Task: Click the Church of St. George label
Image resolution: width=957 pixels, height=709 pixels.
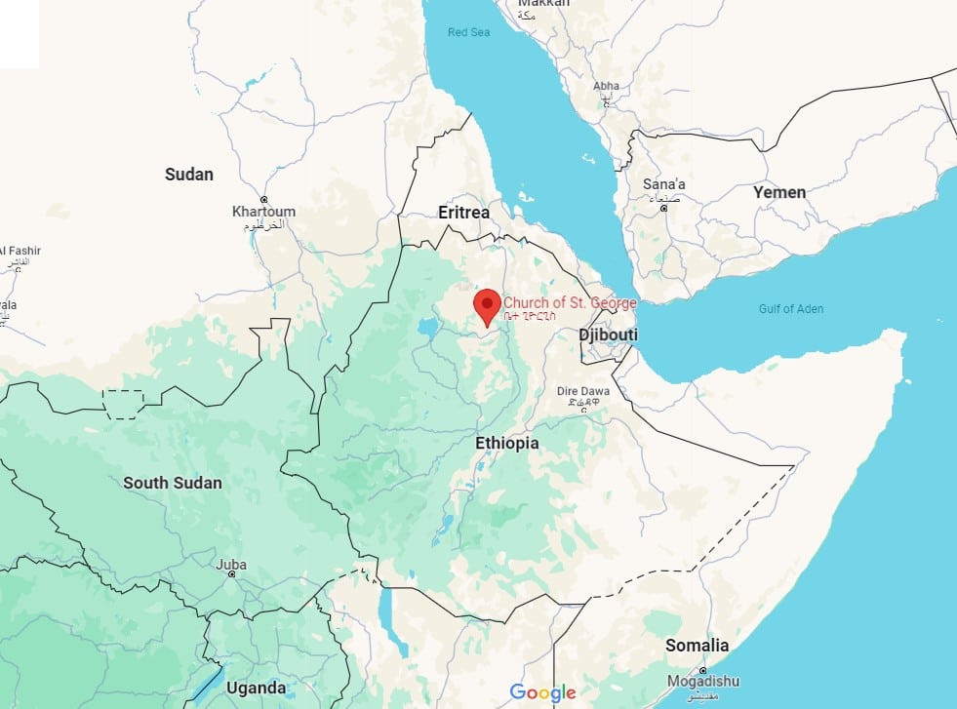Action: (x=569, y=303)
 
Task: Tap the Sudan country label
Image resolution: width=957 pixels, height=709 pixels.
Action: (x=188, y=175)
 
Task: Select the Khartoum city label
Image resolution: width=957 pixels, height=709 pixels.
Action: (x=263, y=212)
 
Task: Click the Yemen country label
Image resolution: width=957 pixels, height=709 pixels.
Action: (x=778, y=192)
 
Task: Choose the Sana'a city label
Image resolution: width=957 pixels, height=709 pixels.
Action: (x=663, y=184)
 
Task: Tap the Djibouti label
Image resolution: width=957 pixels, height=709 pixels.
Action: (x=608, y=335)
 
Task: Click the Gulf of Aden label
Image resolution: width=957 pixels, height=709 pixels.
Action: (x=790, y=309)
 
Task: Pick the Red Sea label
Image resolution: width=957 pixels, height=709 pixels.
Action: (x=468, y=32)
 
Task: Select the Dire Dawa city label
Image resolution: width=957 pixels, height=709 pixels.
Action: (x=582, y=391)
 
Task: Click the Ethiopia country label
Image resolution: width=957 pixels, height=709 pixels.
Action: (x=506, y=443)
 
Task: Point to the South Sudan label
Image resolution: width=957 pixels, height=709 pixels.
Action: (x=172, y=483)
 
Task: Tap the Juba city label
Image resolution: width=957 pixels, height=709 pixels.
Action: (x=231, y=565)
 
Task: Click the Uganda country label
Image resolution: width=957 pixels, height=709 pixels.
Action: (x=256, y=688)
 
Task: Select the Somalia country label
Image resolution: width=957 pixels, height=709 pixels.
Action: (x=697, y=646)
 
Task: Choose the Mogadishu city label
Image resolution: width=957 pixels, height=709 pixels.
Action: (x=702, y=681)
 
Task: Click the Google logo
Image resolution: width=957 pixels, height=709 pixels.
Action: (x=542, y=692)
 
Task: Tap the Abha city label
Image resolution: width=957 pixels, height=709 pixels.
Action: (x=606, y=86)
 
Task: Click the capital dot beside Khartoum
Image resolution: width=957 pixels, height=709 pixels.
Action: (x=263, y=198)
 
